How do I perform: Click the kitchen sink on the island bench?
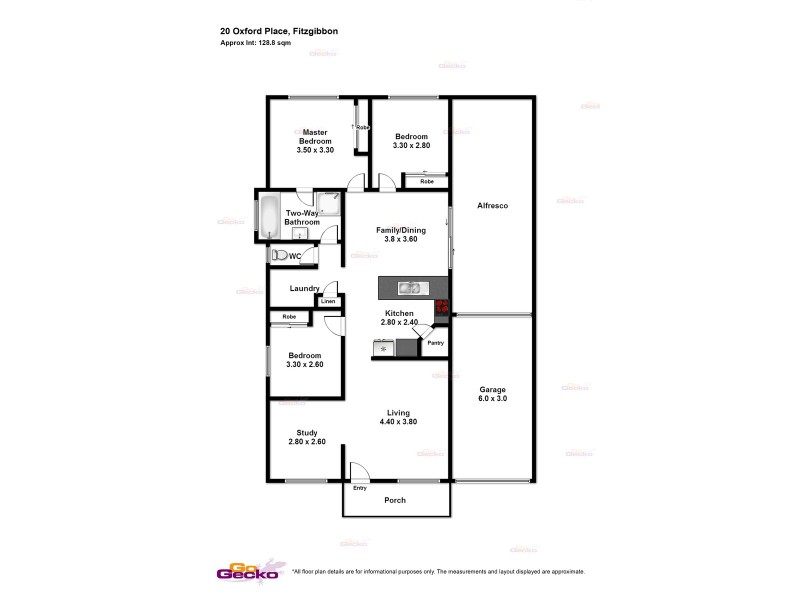(x=411, y=289)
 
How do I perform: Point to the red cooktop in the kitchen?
(x=441, y=309)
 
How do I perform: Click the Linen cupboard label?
(x=328, y=300)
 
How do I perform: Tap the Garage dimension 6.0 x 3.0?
(x=493, y=398)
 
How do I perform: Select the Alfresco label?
(x=493, y=206)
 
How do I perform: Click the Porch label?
(x=396, y=500)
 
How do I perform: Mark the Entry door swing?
(x=358, y=472)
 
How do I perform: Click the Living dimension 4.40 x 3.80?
(x=398, y=422)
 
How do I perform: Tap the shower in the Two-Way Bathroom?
(x=328, y=205)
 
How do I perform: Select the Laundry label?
(x=304, y=289)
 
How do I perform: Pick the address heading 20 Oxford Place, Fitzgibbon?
(x=279, y=32)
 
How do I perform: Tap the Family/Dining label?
(x=400, y=230)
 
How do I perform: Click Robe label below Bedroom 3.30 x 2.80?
(x=427, y=182)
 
